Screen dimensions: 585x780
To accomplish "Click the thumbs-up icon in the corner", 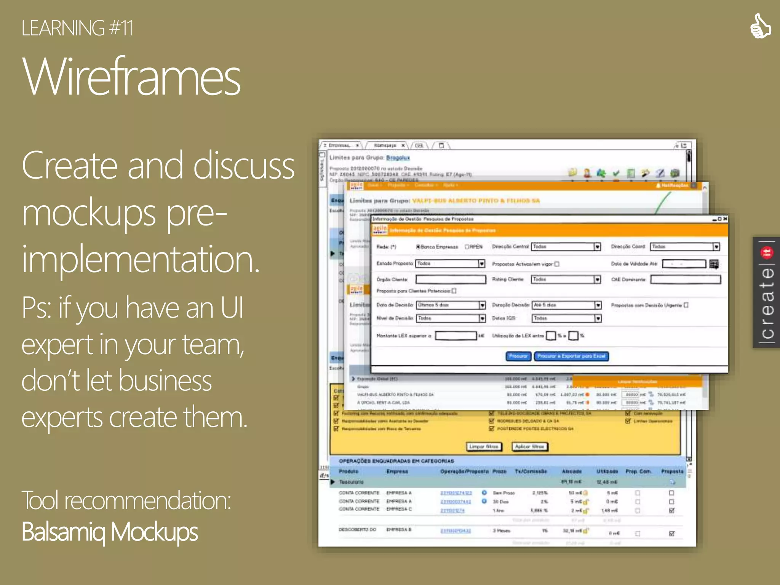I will [x=760, y=26].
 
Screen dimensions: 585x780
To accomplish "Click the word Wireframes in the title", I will [x=131, y=76].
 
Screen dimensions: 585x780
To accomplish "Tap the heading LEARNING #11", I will [x=77, y=28].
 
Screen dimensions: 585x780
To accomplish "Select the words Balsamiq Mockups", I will [x=110, y=532].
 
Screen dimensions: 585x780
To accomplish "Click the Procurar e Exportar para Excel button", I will [x=571, y=356].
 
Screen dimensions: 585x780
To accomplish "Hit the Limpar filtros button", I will [x=484, y=446].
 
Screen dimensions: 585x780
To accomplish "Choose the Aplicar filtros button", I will [x=529, y=446].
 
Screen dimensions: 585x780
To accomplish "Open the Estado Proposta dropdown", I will [x=481, y=264].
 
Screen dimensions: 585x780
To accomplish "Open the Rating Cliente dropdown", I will [x=597, y=280].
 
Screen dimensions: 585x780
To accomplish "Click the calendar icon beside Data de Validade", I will [x=714, y=264].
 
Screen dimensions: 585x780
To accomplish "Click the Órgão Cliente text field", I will [x=451, y=280].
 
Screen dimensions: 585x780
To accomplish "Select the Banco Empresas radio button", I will [x=418, y=247].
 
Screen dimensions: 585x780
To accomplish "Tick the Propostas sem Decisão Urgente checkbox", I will [x=686, y=305].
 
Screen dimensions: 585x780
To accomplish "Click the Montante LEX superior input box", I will [x=456, y=336].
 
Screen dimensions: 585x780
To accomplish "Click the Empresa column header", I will [x=397, y=472].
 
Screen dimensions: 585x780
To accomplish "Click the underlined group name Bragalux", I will [x=398, y=158].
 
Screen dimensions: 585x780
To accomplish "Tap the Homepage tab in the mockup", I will [x=385, y=145].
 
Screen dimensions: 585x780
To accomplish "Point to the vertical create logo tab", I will [x=766, y=292].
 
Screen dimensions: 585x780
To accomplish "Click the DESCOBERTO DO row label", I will [x=357, y=530].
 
